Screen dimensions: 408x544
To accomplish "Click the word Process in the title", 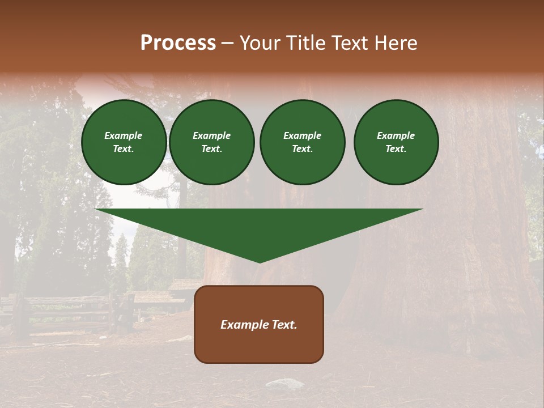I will coord(178,43).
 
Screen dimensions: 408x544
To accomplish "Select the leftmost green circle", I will coord(124,142).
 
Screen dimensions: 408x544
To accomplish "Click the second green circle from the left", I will coord(212,142).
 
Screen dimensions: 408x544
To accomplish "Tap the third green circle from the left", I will coord(303,142).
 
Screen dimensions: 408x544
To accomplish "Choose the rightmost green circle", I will coord(396,142).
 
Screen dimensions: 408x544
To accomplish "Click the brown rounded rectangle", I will coord(259,324).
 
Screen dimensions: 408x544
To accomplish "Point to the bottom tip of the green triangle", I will coord(260,261).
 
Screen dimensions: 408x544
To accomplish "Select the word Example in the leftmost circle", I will coord(124,136).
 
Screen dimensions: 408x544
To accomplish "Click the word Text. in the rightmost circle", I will coord(396,149).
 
